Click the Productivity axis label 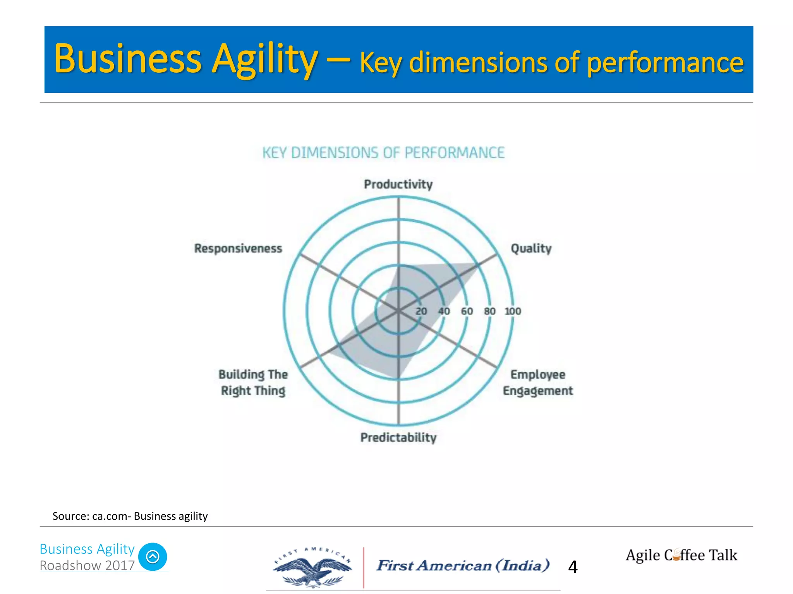[398, 184]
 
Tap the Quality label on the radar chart [531, 248]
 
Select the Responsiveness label [238, 248]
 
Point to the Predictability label [398, 437]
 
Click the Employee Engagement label [537, 382]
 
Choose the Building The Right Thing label [253, 382]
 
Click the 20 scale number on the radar [421, 311]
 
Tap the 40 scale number [444, 311]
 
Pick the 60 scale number [467, 311]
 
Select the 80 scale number [489, 311]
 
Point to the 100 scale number [513, 311]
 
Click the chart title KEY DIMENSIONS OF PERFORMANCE [383, 153]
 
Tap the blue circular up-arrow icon [153, 556]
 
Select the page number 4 [573, 567]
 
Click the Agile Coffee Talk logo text [681, 555]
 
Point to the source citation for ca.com [130, 516]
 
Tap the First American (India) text [463, 565]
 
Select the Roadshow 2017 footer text [87, 565]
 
